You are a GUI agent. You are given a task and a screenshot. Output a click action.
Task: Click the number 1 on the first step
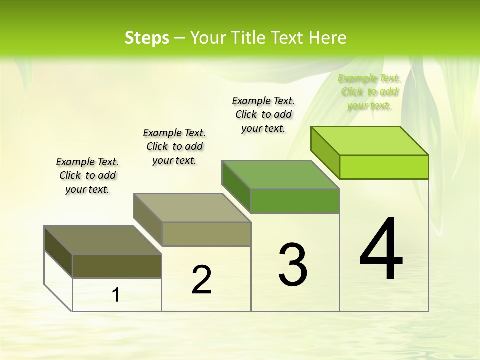pyautogui.click(x=116, y=295)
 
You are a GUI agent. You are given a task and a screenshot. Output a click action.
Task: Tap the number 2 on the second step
pyautogui.click(x=201, y=280)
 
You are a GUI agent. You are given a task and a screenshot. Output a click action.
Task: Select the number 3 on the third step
pyautogui.click(x=293, y=264)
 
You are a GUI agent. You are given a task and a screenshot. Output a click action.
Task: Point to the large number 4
pyautogui.click(x=381, y=250)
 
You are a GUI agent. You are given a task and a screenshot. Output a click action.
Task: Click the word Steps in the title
pyautogui.click(x=147, y=38)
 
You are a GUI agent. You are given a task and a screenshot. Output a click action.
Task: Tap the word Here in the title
pyautogui.click(x=327, y=38)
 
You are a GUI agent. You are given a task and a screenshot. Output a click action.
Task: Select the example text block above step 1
pyautogui.click(x=87, y=175)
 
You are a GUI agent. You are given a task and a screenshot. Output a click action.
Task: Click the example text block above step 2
pyautogui.click(x=174, y=146)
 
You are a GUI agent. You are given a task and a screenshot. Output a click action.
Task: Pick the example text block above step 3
pyautogui.click(x=263, y=114)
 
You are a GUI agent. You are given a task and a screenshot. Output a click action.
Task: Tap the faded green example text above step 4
pyautogui.click(x=369, y=91)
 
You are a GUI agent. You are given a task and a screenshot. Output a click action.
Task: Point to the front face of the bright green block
pyautogui.click(x=384, y=167)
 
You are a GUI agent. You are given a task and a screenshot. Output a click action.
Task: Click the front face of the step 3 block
pyautogui.click(x=295, y=201)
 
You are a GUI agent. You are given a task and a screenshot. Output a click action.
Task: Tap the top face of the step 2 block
pyautogui.click(x=192, y=208)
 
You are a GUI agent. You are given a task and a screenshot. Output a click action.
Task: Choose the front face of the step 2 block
pyautogui.click(x=206, y=234)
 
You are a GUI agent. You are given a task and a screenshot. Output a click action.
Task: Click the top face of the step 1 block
pyautogui.click(x=103, y=240)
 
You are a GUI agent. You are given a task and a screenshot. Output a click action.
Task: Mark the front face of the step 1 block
pyautogui.click(x=117, y=266)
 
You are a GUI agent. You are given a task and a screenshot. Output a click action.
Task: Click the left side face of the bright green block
pyautogui.click(x=325, y=152)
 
